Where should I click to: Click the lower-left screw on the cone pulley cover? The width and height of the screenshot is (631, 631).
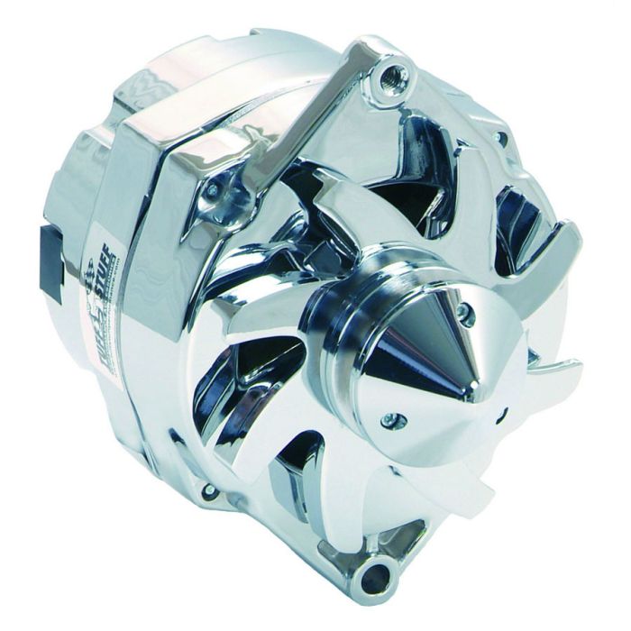(389, 419)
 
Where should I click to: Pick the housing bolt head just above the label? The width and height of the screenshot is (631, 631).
(213, 190)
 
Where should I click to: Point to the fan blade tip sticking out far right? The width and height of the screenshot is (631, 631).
(573, 366)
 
